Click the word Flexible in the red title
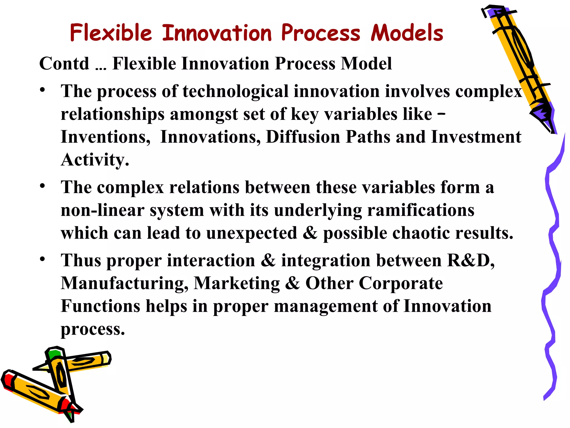(x=111, y=33)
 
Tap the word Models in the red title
(x=407, y=33)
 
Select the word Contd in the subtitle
(x=64, y=64)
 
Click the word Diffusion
(x=303, y=137)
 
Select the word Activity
(x=95, y=160)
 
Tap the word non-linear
(x=102, y=210)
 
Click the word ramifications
(x=421, y=210)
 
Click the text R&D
(x=470, y=260)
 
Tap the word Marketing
(x=237, y=283)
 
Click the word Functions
(x=100, y=306)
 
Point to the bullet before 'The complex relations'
(x=42, y=186)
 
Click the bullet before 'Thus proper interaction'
(x=42, y=259)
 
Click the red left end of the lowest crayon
(x=8, y=380)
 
